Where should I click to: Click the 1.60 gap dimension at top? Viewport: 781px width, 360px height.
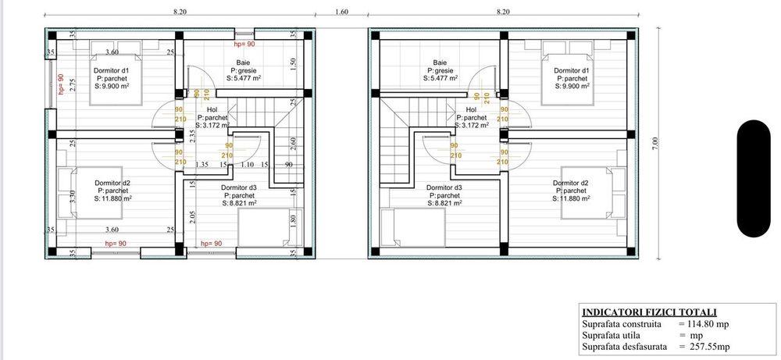coord(342,12)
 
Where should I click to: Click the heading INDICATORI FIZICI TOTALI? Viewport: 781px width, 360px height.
coord(650,312)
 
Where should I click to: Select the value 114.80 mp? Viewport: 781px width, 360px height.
coord(708,324)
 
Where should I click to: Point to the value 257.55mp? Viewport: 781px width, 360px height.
coord(708,347)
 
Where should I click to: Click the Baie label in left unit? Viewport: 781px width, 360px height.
coord(243,62)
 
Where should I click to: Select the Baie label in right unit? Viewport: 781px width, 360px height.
coord(440,62)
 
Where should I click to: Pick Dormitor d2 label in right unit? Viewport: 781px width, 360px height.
coord(571,184)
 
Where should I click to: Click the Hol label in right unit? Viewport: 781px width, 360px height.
coord(471,109)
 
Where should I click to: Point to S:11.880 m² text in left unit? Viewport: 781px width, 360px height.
coord(113,198)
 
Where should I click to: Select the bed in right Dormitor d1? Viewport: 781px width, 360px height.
coord(567,73)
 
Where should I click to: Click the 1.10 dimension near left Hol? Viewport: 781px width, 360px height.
coord(248,164)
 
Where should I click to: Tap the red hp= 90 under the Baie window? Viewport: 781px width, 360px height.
coord(244,45)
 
